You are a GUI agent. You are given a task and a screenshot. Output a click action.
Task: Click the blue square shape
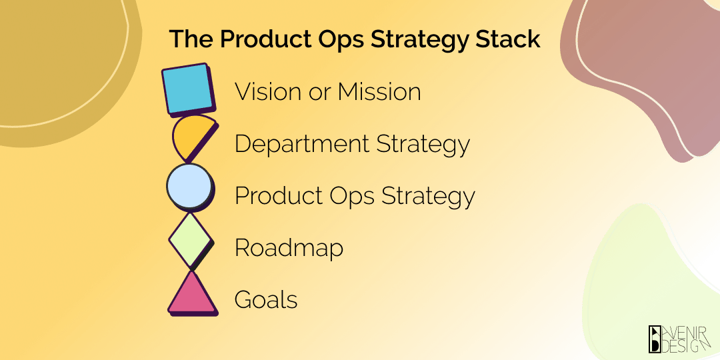[x=189, y=89]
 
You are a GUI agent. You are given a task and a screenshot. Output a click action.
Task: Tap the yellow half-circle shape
[x=192, y=137]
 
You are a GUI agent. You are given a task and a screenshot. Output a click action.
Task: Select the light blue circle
[x=189, y=186]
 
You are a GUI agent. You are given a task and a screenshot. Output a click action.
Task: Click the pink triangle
[x=193, y=294]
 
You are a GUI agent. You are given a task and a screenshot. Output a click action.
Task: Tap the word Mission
[x=379, y=92]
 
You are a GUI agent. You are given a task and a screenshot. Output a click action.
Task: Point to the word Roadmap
[x=289, y=249]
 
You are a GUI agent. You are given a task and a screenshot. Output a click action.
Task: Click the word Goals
[x=266, y=300]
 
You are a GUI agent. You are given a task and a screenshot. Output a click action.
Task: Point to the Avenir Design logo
[x=679, y=340]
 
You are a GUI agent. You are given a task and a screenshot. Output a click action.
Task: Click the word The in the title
[x=192, y=39]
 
